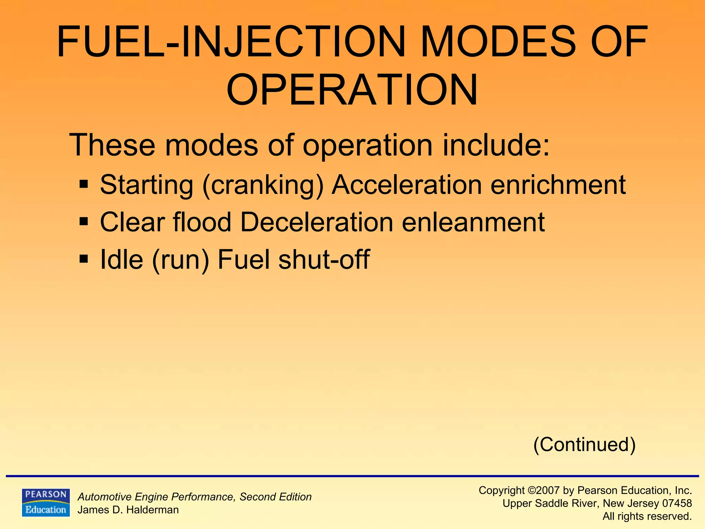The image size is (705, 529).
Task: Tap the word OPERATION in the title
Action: [352, 90]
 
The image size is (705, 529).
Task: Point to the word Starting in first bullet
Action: [146, 185]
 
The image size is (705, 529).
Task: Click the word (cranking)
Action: [263, 185]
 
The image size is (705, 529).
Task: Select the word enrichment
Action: [558, 185]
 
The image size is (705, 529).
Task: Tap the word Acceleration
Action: [407, 185]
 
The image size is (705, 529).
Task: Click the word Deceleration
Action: [316, 222]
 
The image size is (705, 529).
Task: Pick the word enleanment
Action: [473, 222]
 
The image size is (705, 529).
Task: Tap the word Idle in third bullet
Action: [121, 259]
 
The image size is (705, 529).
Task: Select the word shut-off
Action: [324, 259]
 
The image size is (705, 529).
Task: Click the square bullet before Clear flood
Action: [84, 221]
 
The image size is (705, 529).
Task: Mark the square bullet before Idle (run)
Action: [84, 258]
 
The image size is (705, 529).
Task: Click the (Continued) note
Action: [584, 444]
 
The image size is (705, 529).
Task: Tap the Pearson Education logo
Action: [46, 502]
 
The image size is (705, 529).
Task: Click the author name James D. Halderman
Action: [128, 510]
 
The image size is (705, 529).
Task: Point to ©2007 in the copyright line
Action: [543, 490]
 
